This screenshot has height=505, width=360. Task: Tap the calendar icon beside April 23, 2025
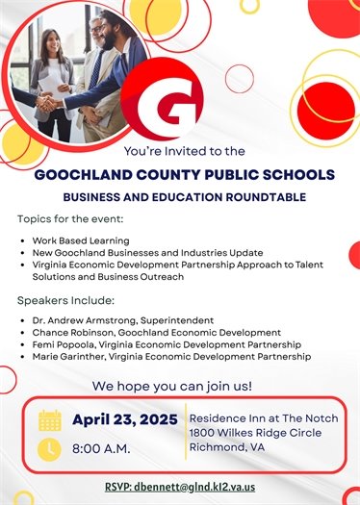50,420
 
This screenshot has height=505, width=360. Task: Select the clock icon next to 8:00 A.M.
50,448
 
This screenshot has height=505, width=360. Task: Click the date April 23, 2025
124,419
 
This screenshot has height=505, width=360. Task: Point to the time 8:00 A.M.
103,448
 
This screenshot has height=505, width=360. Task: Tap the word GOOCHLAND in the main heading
86,175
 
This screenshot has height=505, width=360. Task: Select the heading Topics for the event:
68,219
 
